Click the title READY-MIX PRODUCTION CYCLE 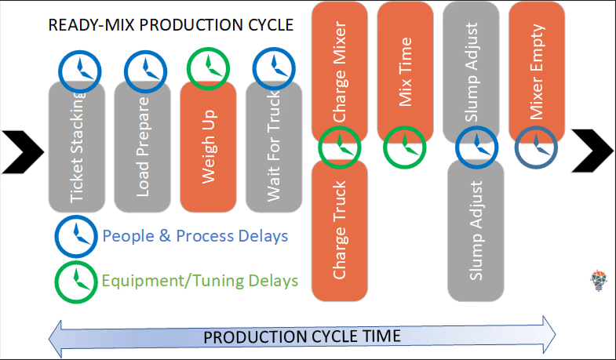click(x=170, y=25)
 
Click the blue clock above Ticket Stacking click(x=77, y=70)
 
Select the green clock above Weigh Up click(x=209, y=70)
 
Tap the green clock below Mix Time click(x=405, y=146)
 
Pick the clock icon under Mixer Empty click(x=536, y=146)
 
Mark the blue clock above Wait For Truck click(x=274, y=70)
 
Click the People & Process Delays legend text click(x=195, y=236)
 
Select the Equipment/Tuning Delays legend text click(x=199, y=279)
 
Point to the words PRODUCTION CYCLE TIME click(x=302, y=336)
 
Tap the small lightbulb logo click(x=600, y=279)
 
